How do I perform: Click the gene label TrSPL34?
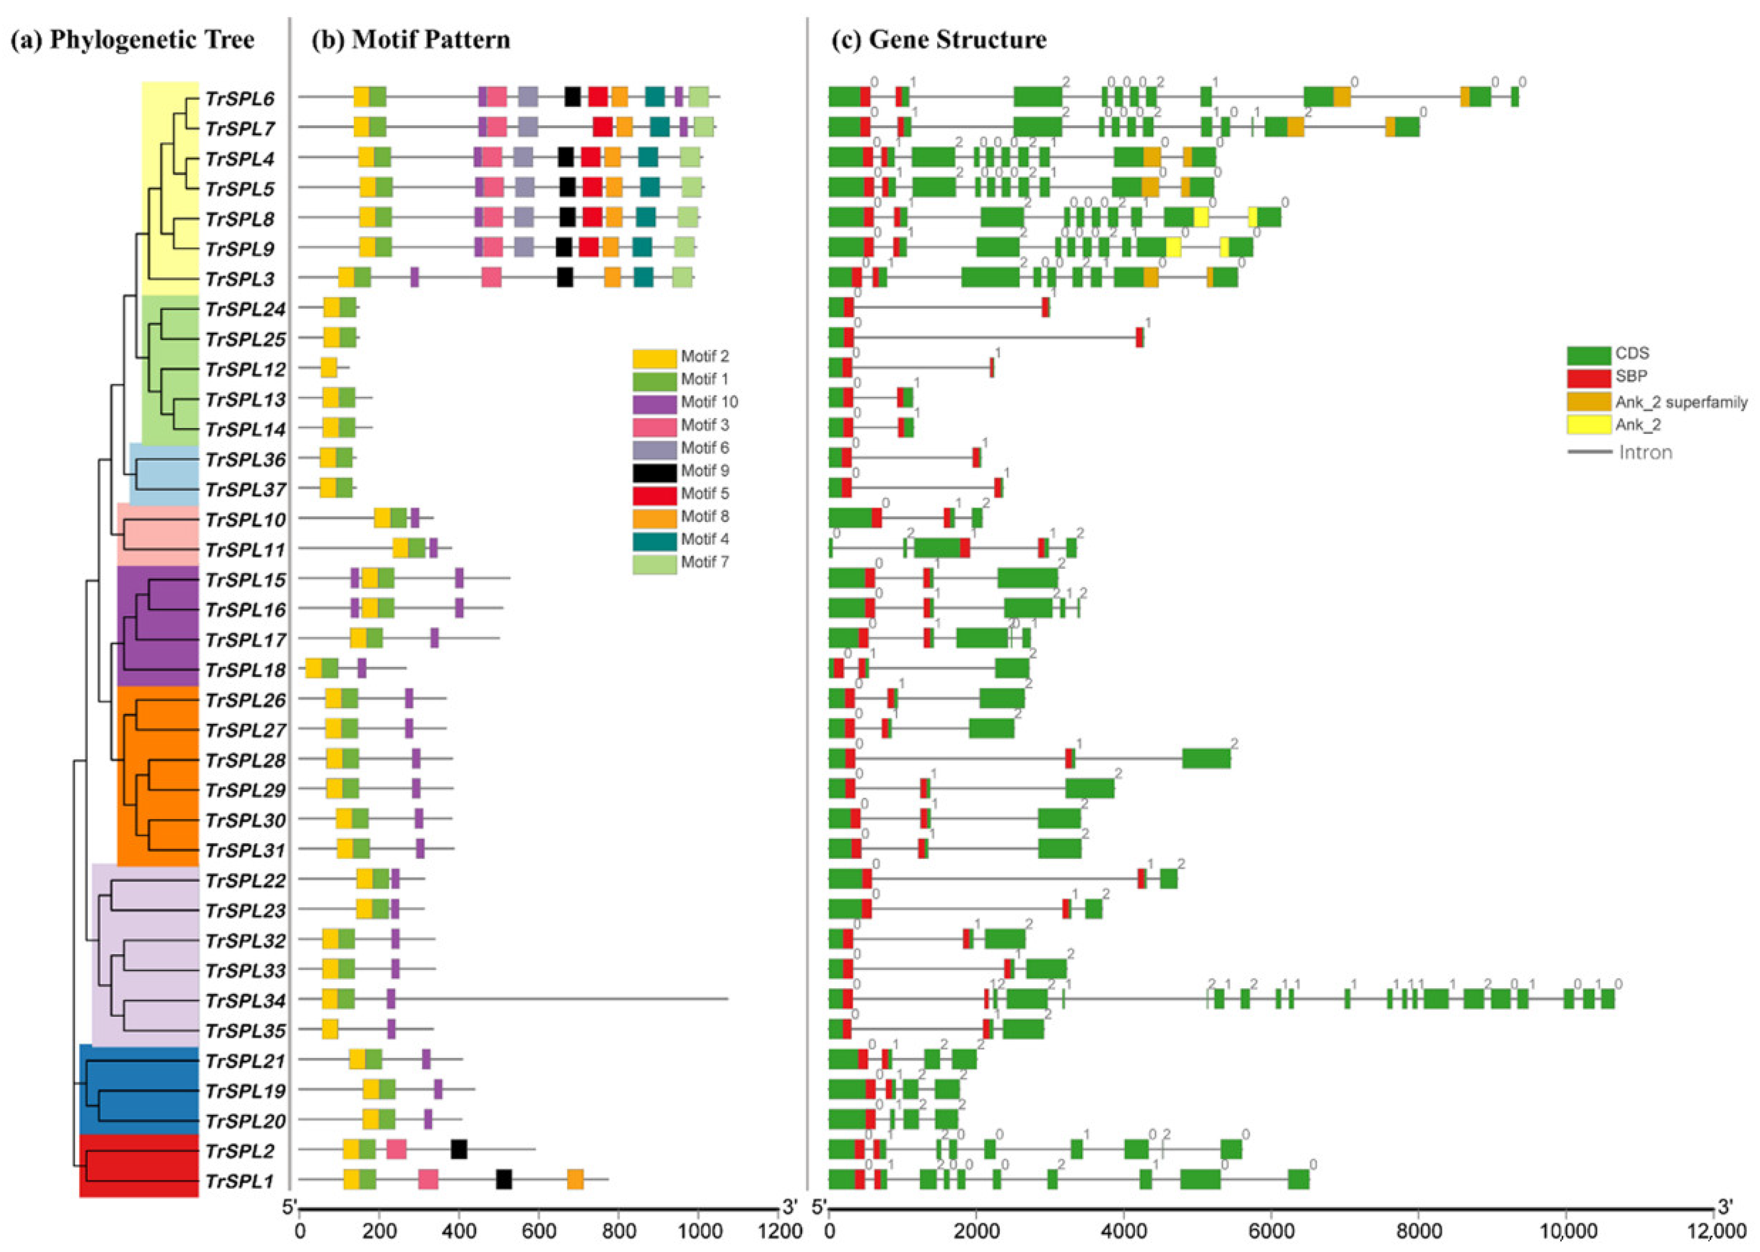click(245, 1001)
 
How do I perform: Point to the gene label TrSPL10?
click(245, 519)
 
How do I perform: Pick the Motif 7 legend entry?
click(680, 562)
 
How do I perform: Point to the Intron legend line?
click(1589, 451)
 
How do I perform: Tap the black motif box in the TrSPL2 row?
click(459, 1149)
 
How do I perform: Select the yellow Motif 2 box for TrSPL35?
click(329, 1029)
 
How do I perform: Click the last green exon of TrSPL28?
click(1206, 759)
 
